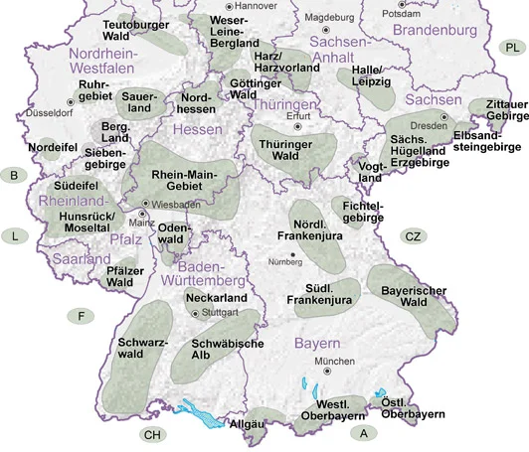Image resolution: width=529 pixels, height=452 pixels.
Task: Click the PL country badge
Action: [510, 47]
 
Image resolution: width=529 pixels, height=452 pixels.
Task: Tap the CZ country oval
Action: [414, 235]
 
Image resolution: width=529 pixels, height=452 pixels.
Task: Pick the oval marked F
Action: [82, 316]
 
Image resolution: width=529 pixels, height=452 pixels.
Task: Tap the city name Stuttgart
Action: [221, 312]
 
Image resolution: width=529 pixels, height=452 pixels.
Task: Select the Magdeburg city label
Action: [330, 17]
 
